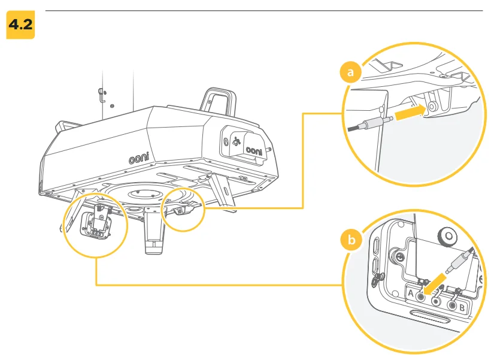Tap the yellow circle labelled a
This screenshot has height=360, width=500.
(x=351, y=73)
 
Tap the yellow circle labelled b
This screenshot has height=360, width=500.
(x=352, y=240)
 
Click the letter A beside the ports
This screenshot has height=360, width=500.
(x=412, y=294)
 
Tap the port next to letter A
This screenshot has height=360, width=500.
(x=423, y=295)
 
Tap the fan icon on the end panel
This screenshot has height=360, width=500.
(x=235, y=143)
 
